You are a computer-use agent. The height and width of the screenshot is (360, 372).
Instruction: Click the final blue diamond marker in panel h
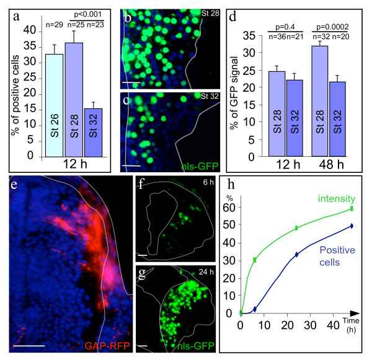pyautogui.click(x=352, y=226)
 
